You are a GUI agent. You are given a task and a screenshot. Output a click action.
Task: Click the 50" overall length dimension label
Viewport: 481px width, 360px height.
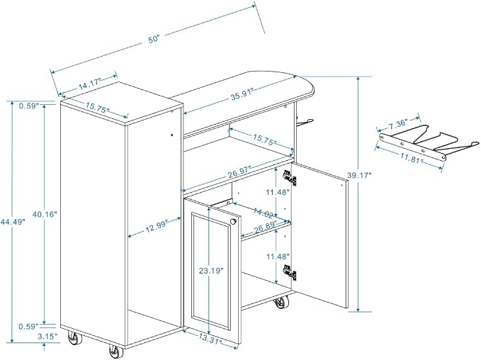click(154, 39)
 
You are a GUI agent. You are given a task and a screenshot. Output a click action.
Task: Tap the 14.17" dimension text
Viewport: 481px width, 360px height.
click(89, 84)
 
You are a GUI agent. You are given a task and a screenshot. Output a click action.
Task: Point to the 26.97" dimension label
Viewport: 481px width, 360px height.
click(239, 172)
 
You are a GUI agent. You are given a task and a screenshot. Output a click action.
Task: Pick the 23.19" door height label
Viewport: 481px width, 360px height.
click(210, 271)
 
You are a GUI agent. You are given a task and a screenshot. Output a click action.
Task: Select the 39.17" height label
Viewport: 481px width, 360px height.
click(360, 175)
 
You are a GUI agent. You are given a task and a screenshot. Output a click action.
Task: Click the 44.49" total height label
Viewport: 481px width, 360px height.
click(12, 221)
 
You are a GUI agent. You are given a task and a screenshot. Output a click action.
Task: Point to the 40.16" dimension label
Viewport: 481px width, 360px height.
click(45, 214)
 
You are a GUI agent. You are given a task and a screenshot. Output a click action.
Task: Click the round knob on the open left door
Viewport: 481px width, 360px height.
click(233, 221)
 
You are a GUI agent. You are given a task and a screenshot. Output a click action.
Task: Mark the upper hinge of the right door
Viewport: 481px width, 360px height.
click(290, 178)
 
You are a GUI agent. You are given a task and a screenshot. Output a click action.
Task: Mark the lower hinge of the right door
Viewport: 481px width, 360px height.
click(290, 272)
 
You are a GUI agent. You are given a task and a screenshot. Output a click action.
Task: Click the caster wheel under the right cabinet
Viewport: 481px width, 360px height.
click(281, 303)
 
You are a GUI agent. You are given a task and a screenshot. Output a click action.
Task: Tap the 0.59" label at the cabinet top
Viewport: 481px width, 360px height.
click(28, 106)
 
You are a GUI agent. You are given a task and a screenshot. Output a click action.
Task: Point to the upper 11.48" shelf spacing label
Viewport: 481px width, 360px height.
click(278, 193)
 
